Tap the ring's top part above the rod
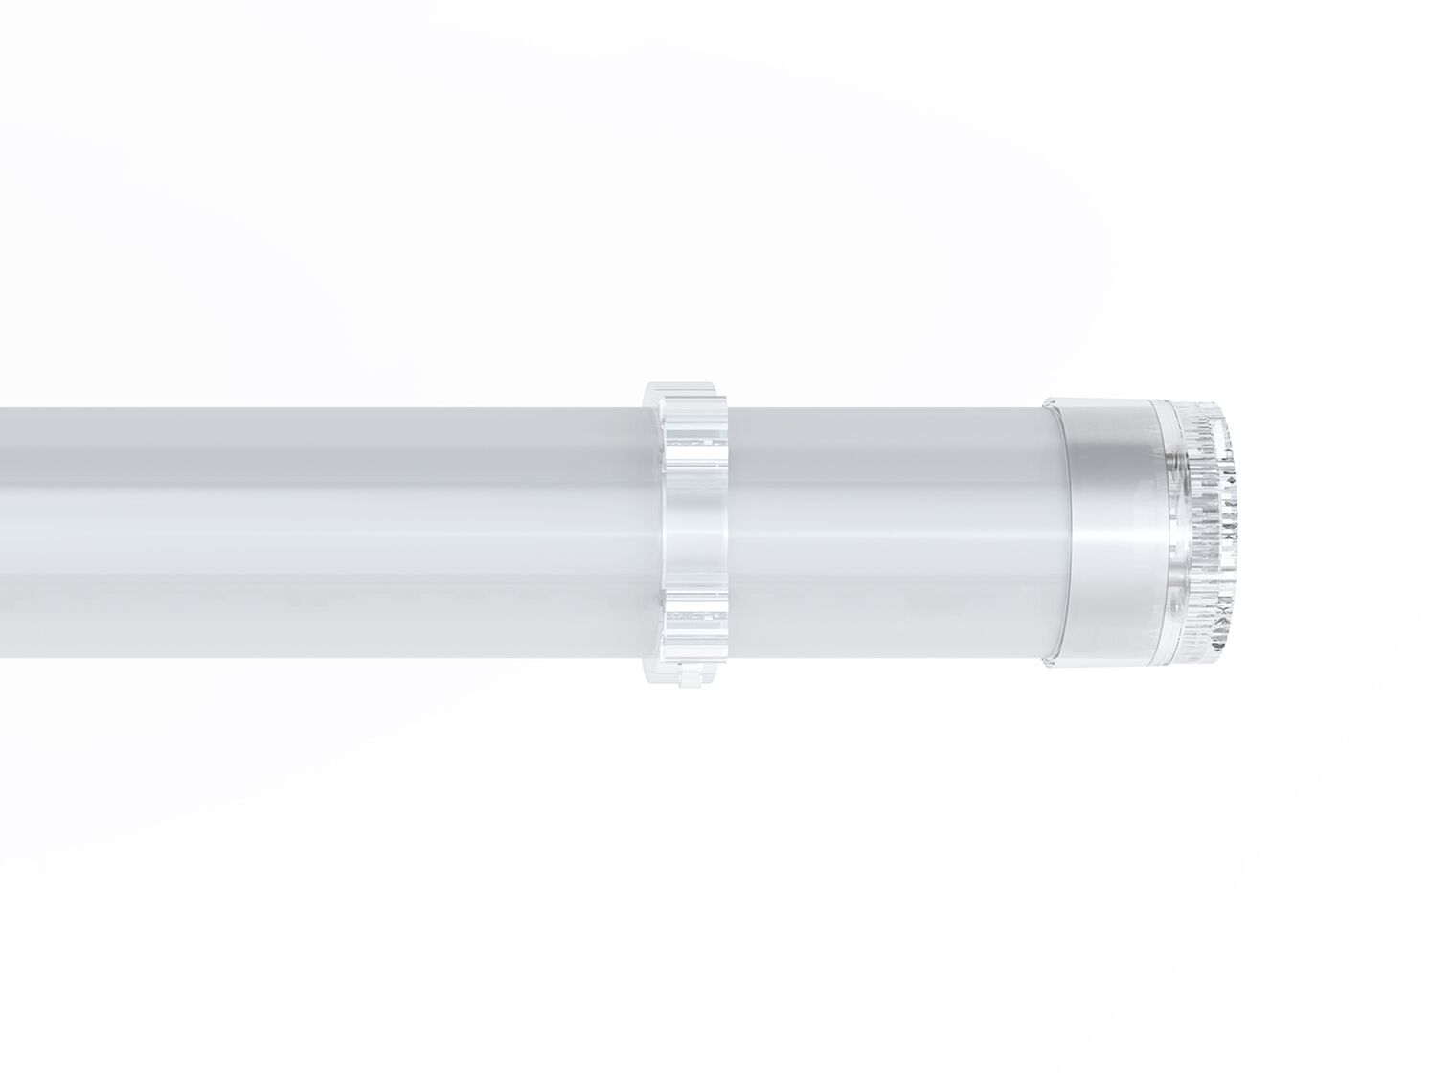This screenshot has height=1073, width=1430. tap(684, 394)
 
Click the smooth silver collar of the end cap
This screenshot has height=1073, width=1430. tap(1111, 532)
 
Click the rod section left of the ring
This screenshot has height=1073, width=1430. tap(326, 532)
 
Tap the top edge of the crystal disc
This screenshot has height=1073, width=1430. tap(1202, 406)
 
